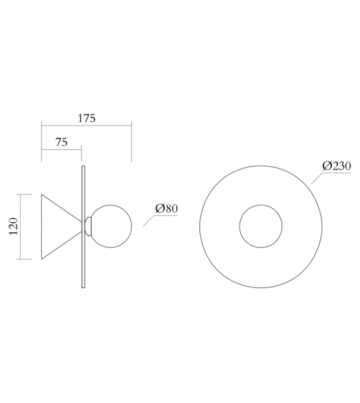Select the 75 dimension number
coord(61,142)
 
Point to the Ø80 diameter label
coord(166,208)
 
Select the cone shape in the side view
coord(58,227)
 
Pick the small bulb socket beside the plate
coord(89,226)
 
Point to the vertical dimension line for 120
coord(21,227)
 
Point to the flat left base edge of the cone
coord(41,227)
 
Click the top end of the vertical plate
coord(83,166)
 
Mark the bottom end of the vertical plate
coord(83,287)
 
